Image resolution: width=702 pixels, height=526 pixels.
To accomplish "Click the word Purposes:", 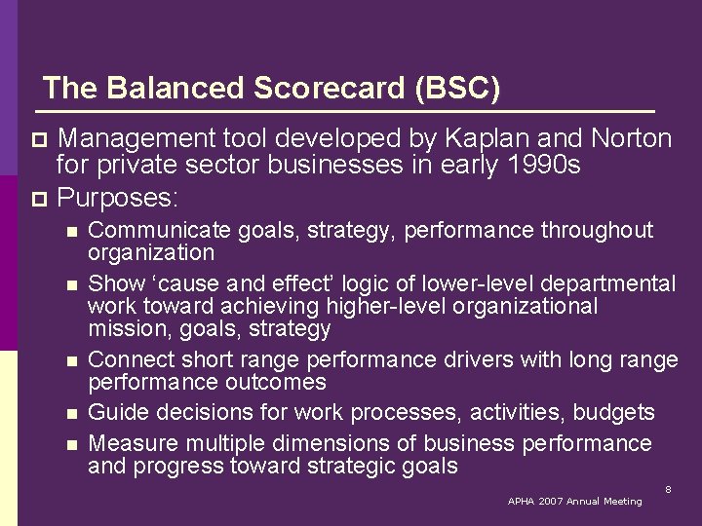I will click(x=118, y=199).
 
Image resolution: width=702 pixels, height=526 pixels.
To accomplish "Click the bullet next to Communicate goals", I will click(x=69, y=232).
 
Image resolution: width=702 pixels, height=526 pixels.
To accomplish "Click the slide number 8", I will click(x=668, y=489).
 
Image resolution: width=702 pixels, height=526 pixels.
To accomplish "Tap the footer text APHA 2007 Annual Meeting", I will click(x=574, y=502).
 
